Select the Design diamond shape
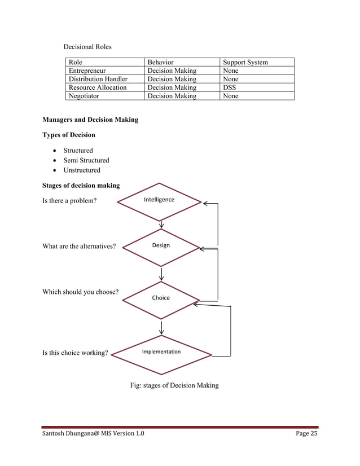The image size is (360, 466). point(161,247)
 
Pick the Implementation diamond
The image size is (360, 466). point(162,354)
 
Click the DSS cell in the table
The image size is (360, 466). point(229,87)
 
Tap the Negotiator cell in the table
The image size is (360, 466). point(84,96)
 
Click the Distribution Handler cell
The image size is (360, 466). point(98,79)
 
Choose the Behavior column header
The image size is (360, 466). point(160,62)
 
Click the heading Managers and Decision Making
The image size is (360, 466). point(90,120)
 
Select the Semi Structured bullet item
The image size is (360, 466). point(86,160)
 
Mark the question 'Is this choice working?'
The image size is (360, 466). point(75,353)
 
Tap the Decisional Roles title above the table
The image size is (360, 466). point(87,46)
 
